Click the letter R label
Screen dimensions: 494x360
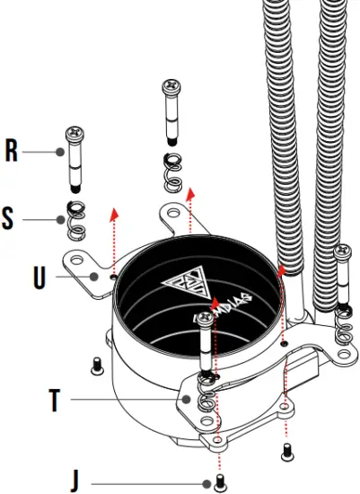tap(12, 150)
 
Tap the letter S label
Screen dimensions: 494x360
tap(9, 218)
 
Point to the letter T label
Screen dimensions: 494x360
tap(54, 399)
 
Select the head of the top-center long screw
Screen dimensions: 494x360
tap(171, 87)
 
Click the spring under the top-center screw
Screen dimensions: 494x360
tap(171, 171)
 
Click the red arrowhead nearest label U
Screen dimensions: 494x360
tap(113, 213)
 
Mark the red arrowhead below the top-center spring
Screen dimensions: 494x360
tap(190, 193)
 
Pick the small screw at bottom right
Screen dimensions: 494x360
tap(287, 447)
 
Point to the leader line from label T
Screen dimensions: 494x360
tap(126, 399)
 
